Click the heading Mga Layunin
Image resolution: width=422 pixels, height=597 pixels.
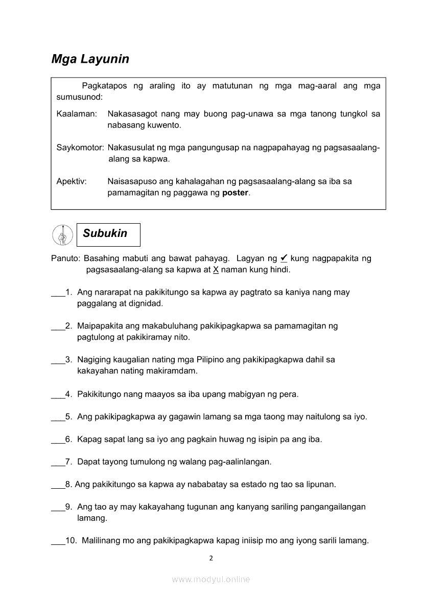pyautogui.click(x=90, y=59)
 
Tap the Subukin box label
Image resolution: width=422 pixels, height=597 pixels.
pyautogui.click(x=105, y=234)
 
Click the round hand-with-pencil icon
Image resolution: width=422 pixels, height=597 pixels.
pyautogui.click(x=63, y=235)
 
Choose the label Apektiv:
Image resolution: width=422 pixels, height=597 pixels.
pyautogui.click(x=72, y=181)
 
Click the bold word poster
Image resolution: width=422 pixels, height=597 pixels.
pyautogui.click(x=235, y=193)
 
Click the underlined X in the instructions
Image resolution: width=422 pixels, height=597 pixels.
pyautogui.click(x=216, y=269)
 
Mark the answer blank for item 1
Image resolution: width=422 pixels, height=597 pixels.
pyautogui.click(x=58, y=293)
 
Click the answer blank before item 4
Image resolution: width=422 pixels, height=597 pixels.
pyautogui.click(x=58, y=395)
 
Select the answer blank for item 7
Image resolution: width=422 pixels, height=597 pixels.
pyautogui.click(x=58, y=462)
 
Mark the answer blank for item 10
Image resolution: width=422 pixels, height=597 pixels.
pyautogui.click(x=58, y=541)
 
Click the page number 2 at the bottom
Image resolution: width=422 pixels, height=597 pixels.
pyautogui.click(x=211, y=558)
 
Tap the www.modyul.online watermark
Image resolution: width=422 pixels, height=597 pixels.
pyautogui.click(x=211, y=579)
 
